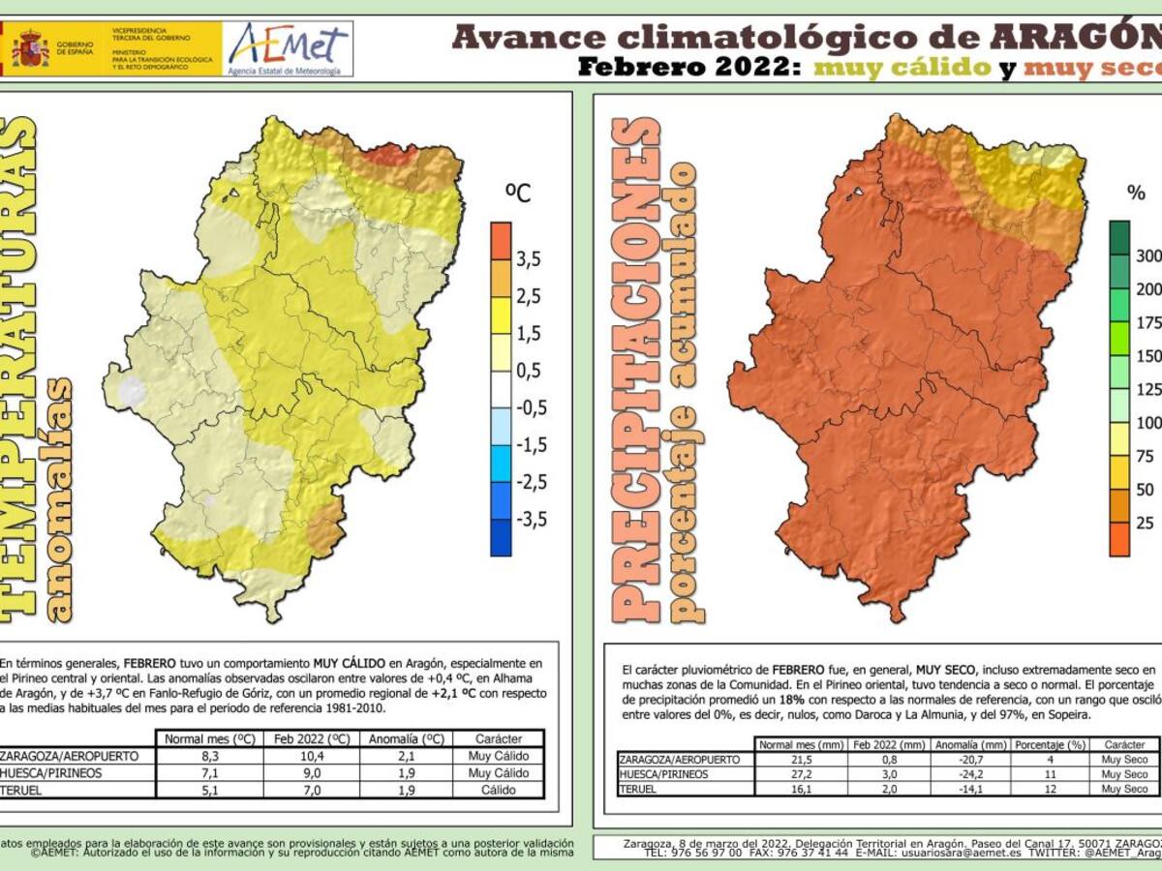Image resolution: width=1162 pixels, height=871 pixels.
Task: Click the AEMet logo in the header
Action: (x=289, y=47)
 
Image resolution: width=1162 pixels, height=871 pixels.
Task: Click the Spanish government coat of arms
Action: (x=30, y=48)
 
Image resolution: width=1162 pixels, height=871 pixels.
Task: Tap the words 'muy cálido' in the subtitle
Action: (x=902, y=68)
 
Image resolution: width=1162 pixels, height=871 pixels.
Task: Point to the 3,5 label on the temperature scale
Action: (x=528, y=258)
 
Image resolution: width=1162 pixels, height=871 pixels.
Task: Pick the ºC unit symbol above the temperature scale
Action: (x=518, y=193)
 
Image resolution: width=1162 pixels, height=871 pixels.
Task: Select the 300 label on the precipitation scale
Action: (x=1148, y=256)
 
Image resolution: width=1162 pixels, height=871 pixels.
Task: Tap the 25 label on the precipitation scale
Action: (x=1146, y=523)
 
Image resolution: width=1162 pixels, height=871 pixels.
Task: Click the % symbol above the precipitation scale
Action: (x=1136, y=193)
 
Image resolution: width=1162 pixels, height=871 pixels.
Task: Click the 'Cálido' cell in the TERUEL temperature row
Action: (x=498, y=790)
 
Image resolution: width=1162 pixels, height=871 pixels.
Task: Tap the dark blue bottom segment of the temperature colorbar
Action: (x=501, y=538)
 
